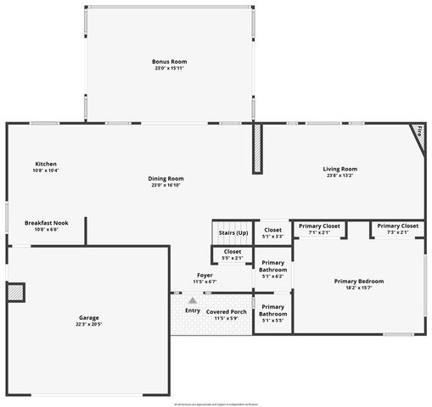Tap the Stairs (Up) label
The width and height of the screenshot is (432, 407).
[x=233, y=232]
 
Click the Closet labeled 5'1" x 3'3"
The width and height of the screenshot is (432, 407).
[x=273, y=232]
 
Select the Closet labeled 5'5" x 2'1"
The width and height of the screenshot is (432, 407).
[x=233, y=254]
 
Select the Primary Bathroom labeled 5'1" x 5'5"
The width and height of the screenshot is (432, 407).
[x=273, y=310]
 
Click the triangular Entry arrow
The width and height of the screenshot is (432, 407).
[x=193, y=300]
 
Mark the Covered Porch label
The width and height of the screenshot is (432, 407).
[x=227, y=311]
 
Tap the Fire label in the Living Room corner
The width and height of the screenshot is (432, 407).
[x=418, y=130]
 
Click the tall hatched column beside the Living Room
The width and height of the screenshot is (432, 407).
[x=257, y=150]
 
